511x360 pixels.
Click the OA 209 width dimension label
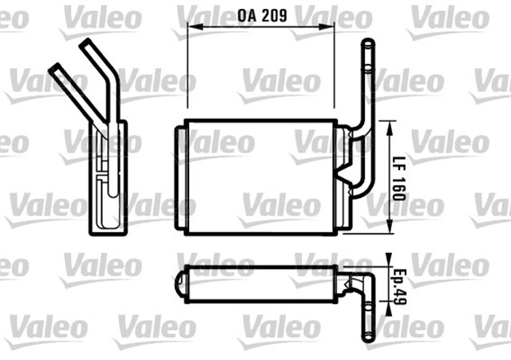[262, 13]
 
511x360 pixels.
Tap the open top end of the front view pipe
[366, 45]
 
